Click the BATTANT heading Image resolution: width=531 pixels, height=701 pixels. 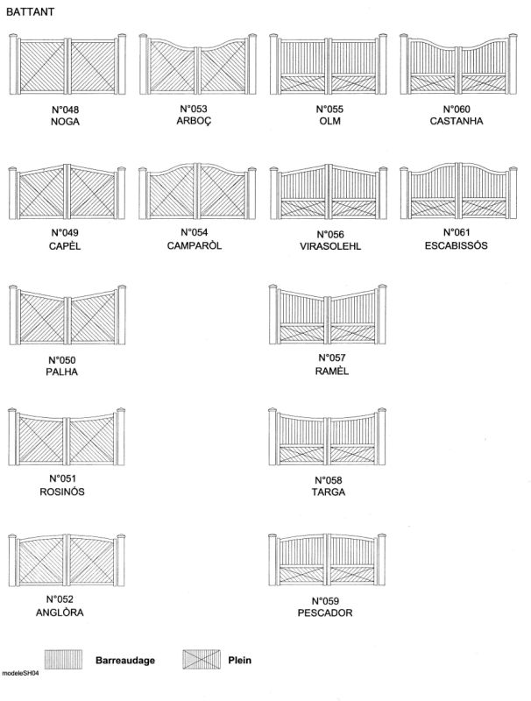coord(30,12)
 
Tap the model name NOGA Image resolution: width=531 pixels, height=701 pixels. coord(65,122)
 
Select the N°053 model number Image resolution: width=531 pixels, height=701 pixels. coord(194,109)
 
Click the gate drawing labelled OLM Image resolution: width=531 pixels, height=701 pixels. coord(328,64)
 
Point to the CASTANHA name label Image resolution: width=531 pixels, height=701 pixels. coord(457,121)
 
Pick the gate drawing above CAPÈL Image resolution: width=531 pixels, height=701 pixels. coord(67,192)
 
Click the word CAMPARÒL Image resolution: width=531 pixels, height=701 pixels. coord(195,245)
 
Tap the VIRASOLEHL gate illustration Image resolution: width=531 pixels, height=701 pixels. coord(328,192)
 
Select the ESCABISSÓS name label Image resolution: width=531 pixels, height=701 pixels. coord(457,245)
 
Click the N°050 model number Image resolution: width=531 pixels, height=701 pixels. coord(62,360)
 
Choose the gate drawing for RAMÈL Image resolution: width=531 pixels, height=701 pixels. coord(328,314)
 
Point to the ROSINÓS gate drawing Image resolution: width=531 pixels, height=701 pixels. coord(67,436)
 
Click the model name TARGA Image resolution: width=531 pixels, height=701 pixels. coord(329,492)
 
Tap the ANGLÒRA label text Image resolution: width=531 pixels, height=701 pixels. coord(60,612)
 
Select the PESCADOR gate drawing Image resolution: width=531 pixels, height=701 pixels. coord(327,559)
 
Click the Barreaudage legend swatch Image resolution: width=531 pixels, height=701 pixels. coord(63,660)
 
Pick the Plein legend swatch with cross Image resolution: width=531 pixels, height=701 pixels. coord(202,660)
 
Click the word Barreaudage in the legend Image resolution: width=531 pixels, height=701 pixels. coord(125,660)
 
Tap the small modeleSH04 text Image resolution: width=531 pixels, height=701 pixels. coord(20,673)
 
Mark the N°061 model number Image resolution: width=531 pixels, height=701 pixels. coord(457,232)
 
